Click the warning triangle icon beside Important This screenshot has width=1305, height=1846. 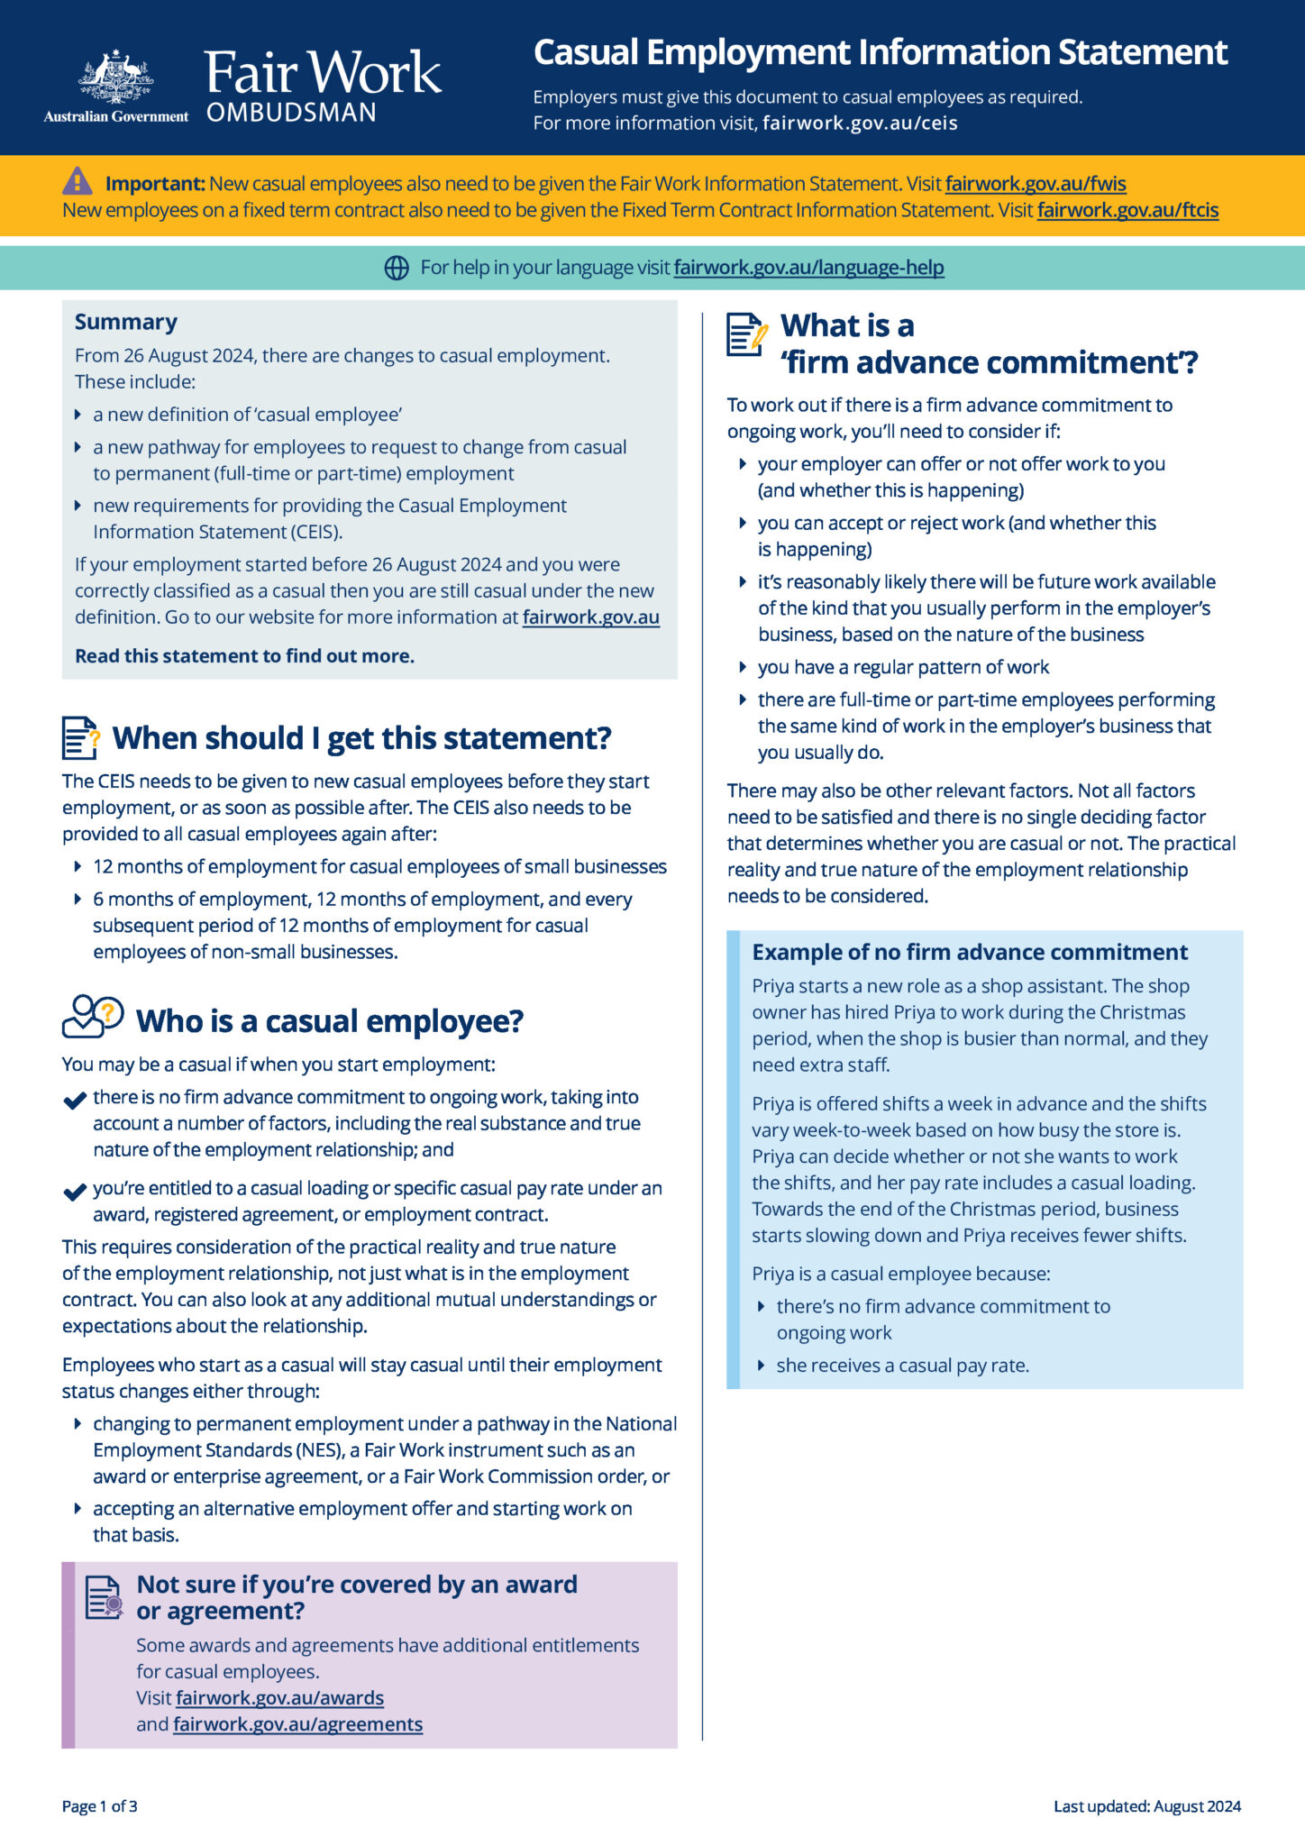pyautogui.click(x=78, y=181)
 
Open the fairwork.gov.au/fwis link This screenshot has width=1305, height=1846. pyautogui.click(x=1036, y=184)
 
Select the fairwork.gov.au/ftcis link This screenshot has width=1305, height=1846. pyautogui.click(x=1127, y=210)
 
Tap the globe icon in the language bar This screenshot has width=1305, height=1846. pyautogui.click(x=397, y=268)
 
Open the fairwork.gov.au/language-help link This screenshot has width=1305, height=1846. pyautogui.click(x=808, y=268)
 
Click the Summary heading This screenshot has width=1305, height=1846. pyautogui.click(x=126, y=322)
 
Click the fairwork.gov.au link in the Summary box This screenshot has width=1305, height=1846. pyautogui.click(x=590, y=617)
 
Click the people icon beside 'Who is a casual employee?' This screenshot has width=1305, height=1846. pyautogui.click(x=92, y=1018)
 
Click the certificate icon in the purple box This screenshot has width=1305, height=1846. pyautogui.click(x=104, y=1598)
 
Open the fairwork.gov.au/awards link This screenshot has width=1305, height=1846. pyautogui.click(x=279, y=1698)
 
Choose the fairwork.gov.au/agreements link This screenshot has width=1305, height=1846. pyautogui.click(x=297, y=1724)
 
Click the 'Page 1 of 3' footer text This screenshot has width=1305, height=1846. pyautogui.click(x=100, y=1806)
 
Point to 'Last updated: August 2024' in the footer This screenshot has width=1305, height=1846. pyautogui.click(x=1147, y=1806)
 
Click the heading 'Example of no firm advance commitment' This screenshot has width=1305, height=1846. pyautogui.click(x=970, y=952)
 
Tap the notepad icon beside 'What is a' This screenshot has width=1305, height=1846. pyautogui.click(x=747, y=335)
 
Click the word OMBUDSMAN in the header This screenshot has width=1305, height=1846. pyautogui.click(x=291, y=113)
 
